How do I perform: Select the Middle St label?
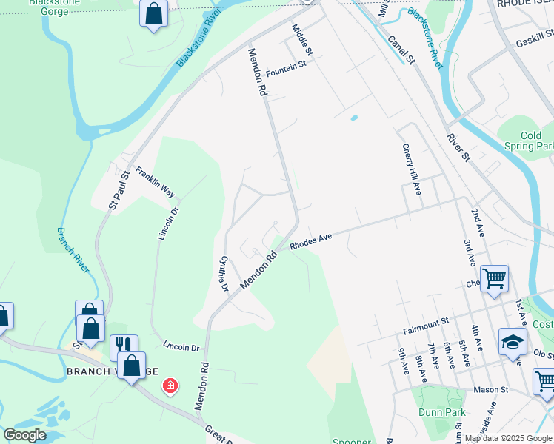[302, 40]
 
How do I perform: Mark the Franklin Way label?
[155, 181]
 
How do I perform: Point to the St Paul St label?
[119, 189]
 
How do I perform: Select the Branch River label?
[73, 250]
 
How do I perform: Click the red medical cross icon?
[170, 386]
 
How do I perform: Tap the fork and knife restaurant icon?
[124, 345]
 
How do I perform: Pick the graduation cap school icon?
[513, 340]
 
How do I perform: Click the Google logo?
[24, 435]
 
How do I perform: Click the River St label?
[458, 147]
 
